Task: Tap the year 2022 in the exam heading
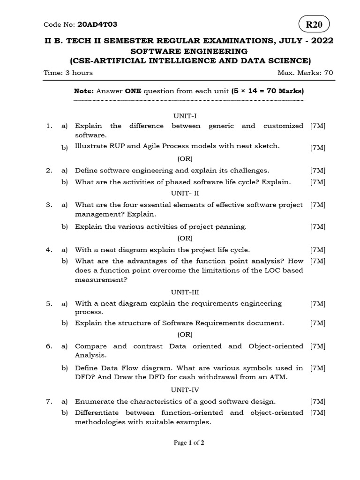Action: point(320,41)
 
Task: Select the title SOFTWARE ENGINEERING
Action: point(189,51)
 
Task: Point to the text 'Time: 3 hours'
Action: point(68,73)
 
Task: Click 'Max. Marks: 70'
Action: point(306,73)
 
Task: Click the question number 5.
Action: point(49,304)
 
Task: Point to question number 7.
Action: point(49,402)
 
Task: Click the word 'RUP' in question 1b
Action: point(117,146)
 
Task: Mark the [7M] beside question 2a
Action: point(318,171)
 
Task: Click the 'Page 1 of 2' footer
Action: point(189,442)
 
